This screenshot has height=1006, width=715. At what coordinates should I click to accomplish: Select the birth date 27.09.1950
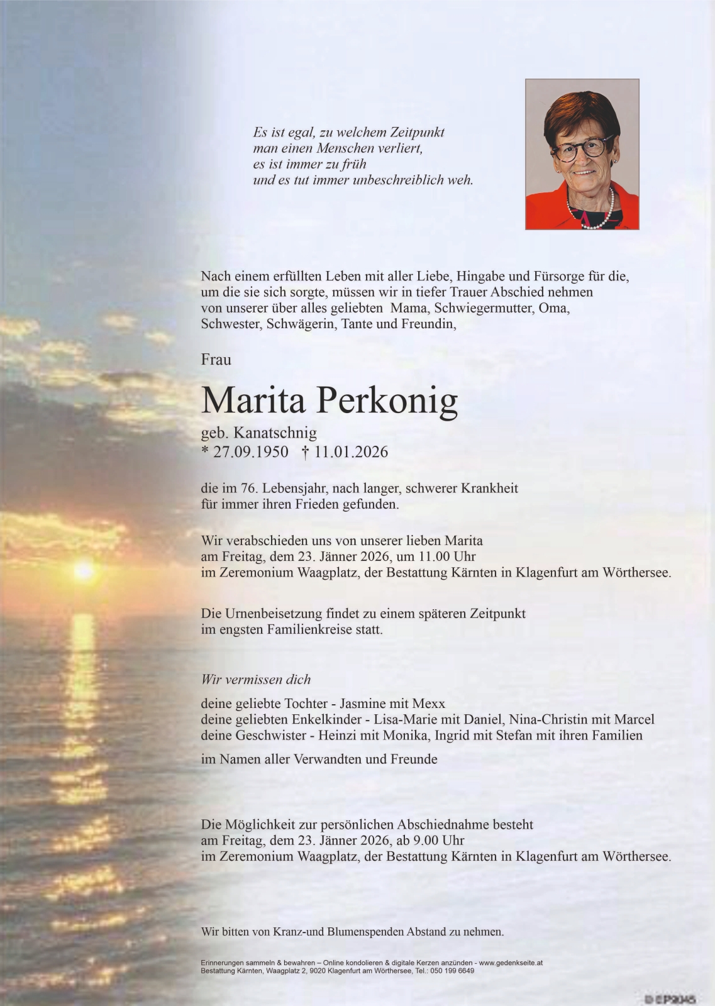(x=251, y=452)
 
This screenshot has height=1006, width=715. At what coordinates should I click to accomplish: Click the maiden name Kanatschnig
(x=276, y=433)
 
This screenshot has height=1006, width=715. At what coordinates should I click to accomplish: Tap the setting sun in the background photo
(x=84, y=570)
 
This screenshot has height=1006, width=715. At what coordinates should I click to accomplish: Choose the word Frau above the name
(x=216, y=360)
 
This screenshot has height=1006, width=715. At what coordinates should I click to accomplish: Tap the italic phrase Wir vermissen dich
(x=256, y=679)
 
